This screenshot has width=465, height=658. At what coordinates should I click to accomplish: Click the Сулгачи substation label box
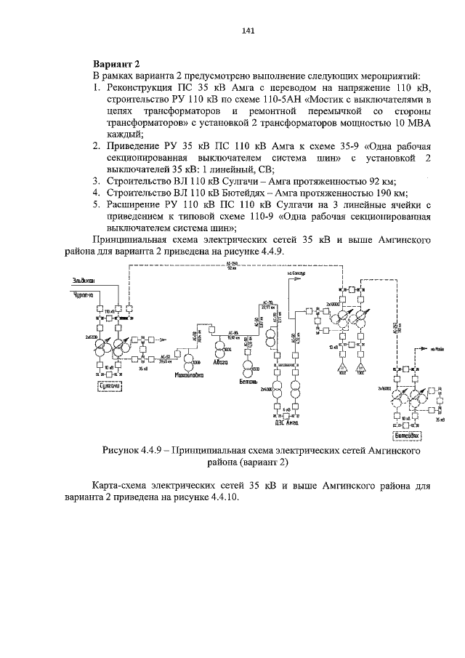[108, 387]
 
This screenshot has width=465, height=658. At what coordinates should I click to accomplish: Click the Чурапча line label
[83, 294]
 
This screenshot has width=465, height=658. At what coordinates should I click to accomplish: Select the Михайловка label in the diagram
[186, 376]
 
